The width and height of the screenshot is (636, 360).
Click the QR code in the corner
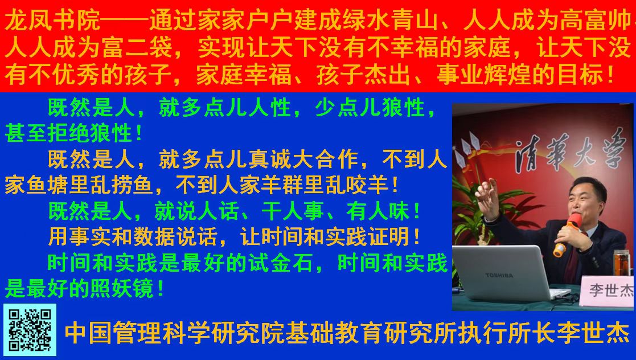[x=30, y=330]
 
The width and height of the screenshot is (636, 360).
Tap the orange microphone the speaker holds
[x=568, y=235]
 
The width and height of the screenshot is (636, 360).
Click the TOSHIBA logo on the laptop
[x=499, y=276]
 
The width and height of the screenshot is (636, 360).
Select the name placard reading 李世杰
[x=607, y=290]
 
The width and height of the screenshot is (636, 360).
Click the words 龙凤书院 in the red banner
[x=52, y=21]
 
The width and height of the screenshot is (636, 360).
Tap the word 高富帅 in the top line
[x=596, y=21]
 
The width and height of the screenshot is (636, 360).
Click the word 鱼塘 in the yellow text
[x=48, y=186]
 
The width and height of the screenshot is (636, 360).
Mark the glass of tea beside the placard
[x=621, y=263]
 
